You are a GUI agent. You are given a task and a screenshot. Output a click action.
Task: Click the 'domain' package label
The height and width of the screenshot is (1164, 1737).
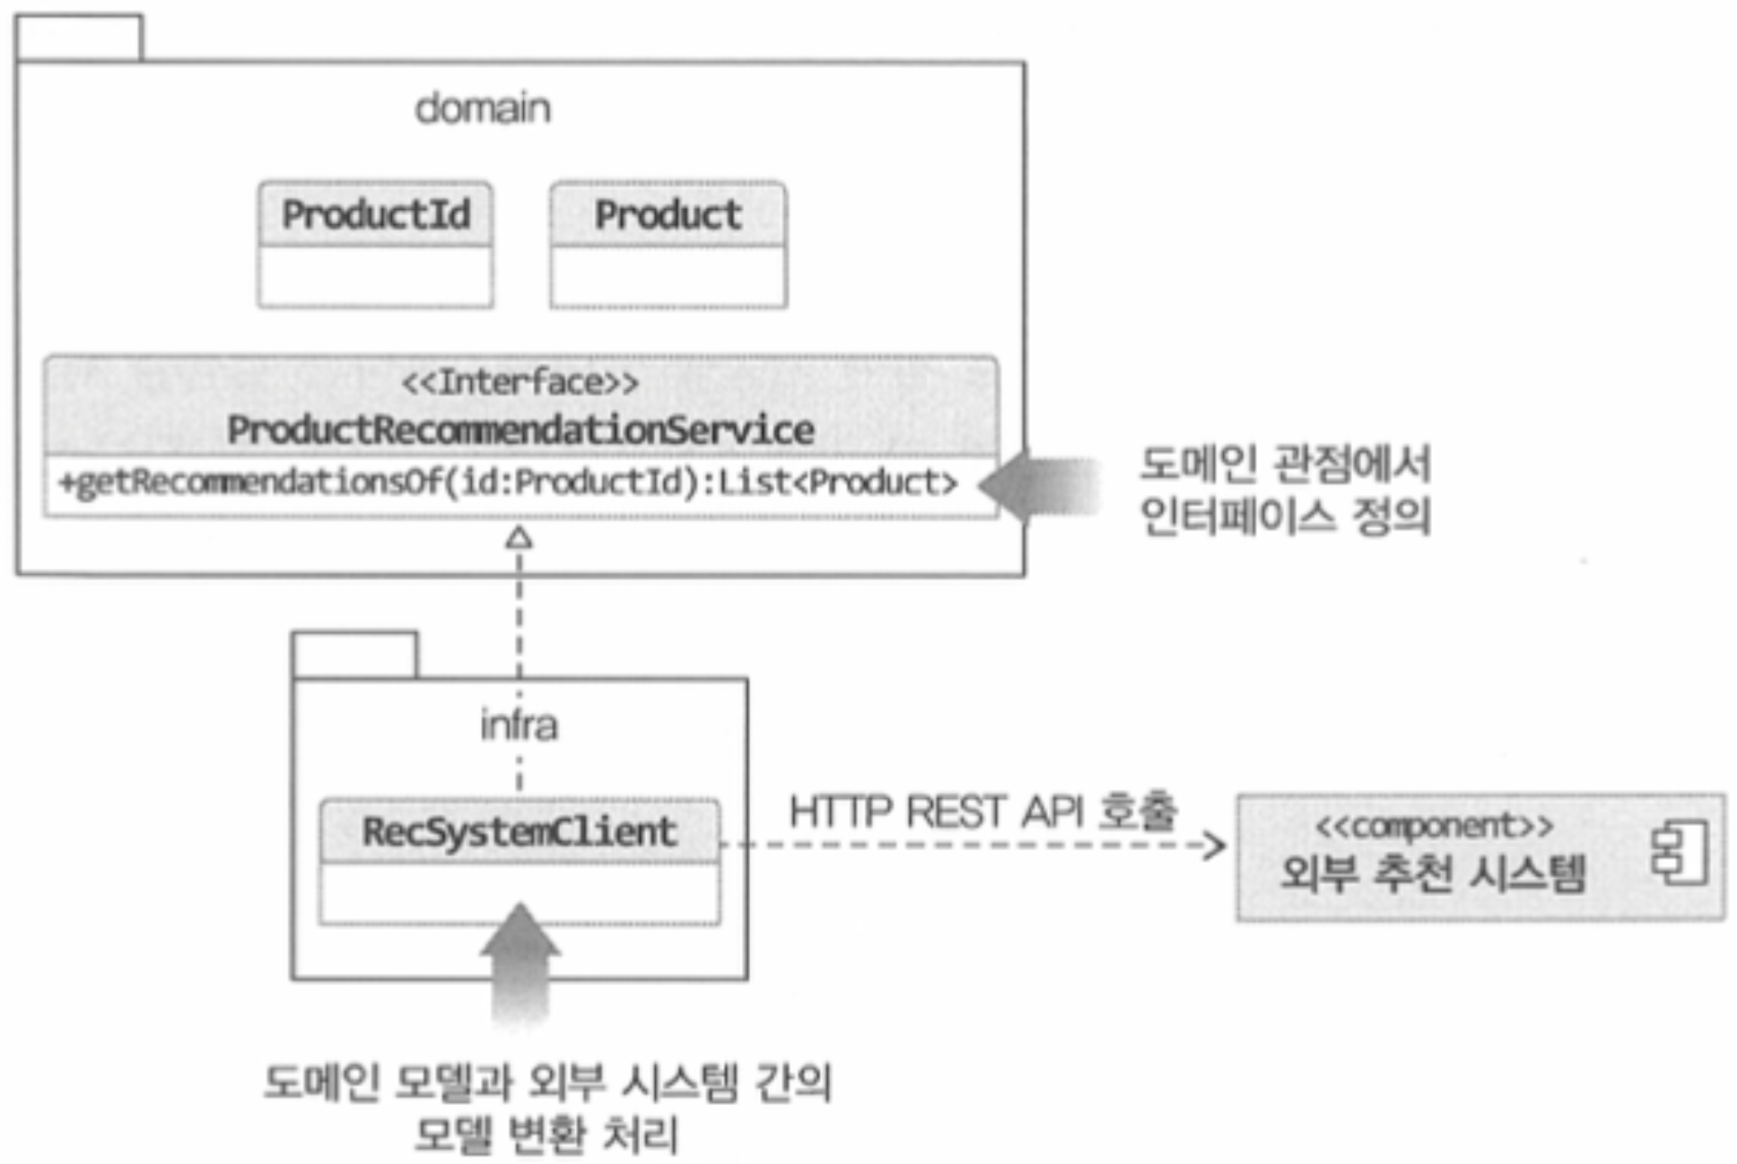pos(483,109)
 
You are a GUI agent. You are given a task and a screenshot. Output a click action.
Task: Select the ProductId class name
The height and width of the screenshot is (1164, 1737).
pos(376,214)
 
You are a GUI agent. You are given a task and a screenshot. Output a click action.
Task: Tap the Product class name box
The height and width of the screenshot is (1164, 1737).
pos(668,214)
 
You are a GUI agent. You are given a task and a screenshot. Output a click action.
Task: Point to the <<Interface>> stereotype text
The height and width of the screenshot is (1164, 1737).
pos(520,383)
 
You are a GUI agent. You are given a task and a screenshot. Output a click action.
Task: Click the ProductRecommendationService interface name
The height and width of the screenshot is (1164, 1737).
pos(520,430)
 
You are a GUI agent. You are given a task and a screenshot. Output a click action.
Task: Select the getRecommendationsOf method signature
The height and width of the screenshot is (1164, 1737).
pos(508,483)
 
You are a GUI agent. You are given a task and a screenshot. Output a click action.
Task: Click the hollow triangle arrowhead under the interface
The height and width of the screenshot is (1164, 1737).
pos(519,538)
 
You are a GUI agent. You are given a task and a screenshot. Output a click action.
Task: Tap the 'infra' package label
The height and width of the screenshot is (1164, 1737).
pos(519,725)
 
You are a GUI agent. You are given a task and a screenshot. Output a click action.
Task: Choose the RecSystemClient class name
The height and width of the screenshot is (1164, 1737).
pos(519,831)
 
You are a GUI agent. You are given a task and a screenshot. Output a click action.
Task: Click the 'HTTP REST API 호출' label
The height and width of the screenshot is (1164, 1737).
pos(982,812)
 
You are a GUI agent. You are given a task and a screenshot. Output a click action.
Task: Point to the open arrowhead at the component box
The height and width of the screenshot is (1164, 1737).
pos(1216,845)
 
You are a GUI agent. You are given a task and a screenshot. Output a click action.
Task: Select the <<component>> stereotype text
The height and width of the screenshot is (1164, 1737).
pos(1434,825)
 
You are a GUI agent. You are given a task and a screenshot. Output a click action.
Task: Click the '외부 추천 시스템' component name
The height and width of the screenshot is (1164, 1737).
pos(1432,873)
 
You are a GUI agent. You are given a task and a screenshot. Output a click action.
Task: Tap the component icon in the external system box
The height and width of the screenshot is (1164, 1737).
pos(1680,852)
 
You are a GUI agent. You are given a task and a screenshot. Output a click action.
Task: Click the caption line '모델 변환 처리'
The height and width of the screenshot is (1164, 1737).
pos(546,1134)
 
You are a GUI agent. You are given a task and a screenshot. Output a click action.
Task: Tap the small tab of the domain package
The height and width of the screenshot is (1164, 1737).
pos(79,38)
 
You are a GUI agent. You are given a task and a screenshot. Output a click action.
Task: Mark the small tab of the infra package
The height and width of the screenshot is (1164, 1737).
pos(354,655)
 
